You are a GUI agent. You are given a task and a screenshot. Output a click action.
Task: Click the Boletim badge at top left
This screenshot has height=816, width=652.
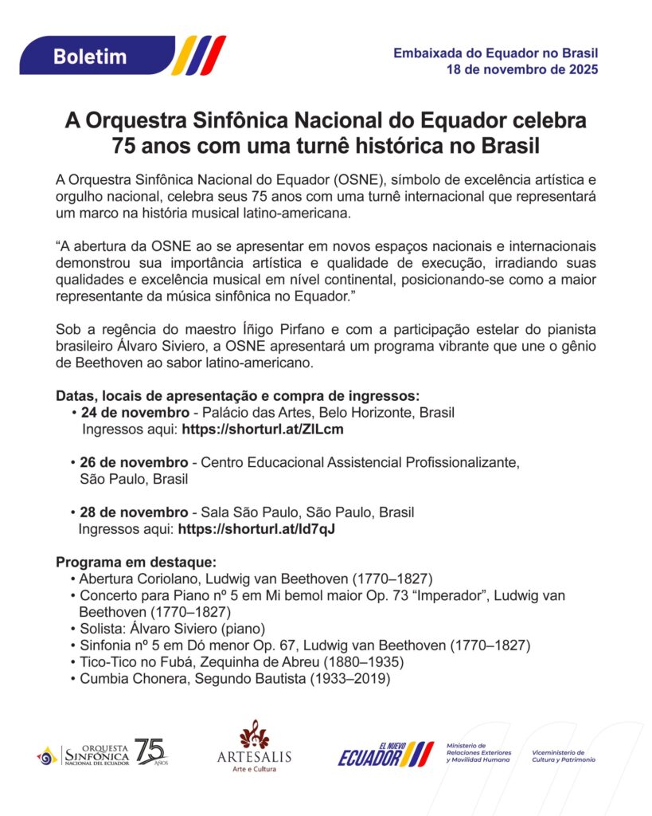(x=90, y=56)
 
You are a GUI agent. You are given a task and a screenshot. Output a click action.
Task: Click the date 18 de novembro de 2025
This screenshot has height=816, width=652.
(x=521, y=69)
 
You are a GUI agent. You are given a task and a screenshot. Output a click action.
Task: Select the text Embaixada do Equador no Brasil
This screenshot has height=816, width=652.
(x=495, y=53)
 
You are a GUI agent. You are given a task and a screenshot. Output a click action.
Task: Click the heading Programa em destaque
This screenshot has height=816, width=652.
(x=131, y=562)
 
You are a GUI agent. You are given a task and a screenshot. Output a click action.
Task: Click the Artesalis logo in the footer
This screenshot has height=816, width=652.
(x=254, y=747)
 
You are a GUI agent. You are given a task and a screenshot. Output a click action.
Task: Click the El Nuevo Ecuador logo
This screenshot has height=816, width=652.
(x=385, y=753)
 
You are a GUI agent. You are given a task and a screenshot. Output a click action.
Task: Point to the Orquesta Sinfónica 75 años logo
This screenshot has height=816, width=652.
(x=103, y=751)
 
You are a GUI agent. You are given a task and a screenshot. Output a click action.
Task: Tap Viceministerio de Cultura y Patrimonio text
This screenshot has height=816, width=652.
(x=564, y=755)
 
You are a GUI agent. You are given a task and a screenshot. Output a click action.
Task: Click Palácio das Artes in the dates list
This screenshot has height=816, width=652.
(x=252, y=413)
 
